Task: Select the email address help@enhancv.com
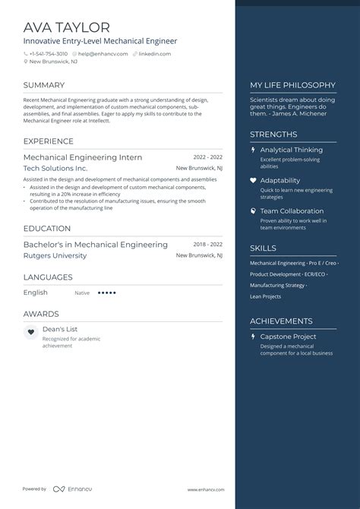101,54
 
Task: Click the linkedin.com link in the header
155,54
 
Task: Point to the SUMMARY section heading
44,85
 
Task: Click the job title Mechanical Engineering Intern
83,156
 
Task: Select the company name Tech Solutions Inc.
55,168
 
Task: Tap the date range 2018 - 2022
207,245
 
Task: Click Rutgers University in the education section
55,256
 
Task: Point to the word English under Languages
36,292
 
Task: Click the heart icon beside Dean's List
30,332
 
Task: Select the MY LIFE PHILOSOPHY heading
292,85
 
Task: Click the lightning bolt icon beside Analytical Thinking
253,150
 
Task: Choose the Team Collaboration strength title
292,211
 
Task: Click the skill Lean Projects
266,296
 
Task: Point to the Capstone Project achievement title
288,337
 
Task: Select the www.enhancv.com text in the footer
204,489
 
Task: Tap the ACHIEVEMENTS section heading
281,321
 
